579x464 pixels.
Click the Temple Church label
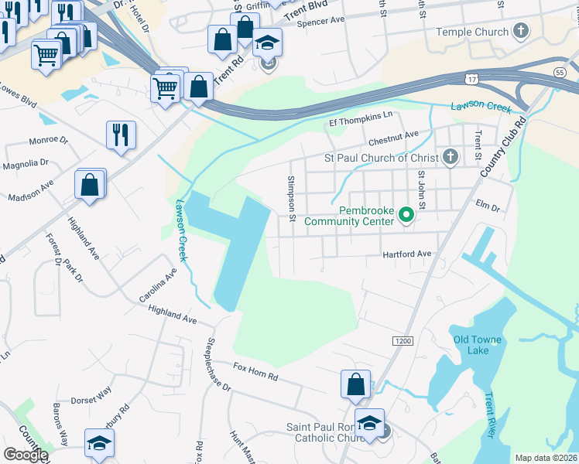pyautogui.click(x=472, y=32)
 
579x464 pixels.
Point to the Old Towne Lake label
pyautogui.click(x=477, y=345)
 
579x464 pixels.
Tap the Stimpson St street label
pyautogui.click(x=292, y=198)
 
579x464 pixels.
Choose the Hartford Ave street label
pyautogui.click(x=406, y=254)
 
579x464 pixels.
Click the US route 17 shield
pyautogui.click(x=472, y=79)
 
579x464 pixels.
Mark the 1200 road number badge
pyautogui.click(x=403, y=341)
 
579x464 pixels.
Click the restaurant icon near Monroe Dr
pyautogui.click(x=121, y=135)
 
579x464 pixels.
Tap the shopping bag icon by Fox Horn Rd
pyautogui.click(x=355, y=384)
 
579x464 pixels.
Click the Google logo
pyautogui.click(x=25, y=455)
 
